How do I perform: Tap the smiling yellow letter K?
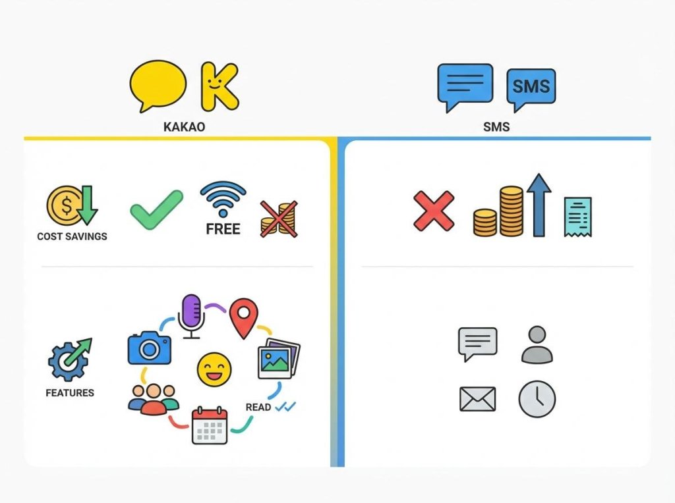218,86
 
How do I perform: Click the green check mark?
156,209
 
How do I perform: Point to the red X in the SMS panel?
434,211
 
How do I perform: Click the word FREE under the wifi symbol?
223,229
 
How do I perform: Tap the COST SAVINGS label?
72,236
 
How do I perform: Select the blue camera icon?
149,346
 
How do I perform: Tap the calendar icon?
210,425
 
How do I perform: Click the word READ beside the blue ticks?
258,408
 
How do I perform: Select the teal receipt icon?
578,217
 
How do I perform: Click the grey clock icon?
537,399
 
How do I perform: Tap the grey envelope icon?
477,399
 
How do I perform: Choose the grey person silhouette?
537,344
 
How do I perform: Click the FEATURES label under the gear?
70,393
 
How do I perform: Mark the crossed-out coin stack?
278,219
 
